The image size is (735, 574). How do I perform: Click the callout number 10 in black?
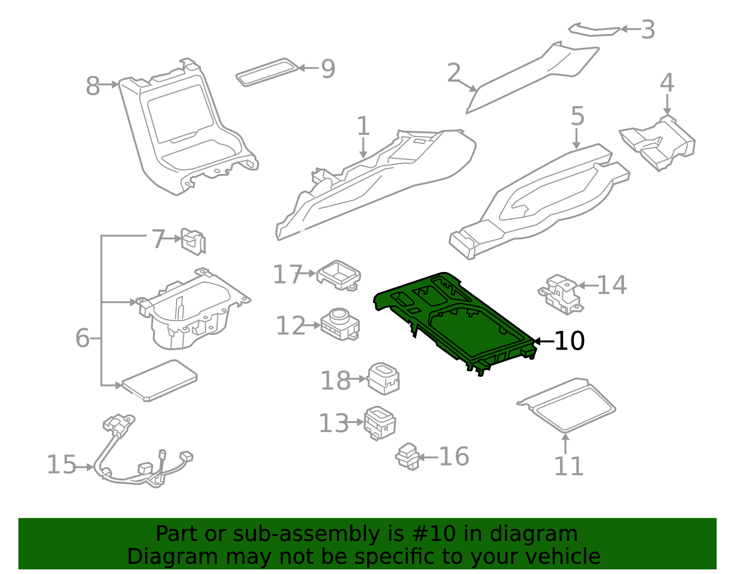point(569,341)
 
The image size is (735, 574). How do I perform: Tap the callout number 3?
point(648,29)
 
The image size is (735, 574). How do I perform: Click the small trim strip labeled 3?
point(595,31)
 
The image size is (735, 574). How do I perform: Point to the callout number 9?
point(328,69)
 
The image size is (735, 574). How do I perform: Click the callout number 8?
point(93,86)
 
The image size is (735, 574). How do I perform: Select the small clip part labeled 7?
point(193,240)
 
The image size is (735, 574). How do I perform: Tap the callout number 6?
point(82,338)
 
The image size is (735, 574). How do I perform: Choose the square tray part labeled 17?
point(339,274)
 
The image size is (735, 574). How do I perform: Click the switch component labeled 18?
point(384,378)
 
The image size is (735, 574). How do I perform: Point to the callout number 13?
point(334,423)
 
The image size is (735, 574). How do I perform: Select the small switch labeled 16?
point(407,456)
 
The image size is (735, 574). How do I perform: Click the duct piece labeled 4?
point(658,142)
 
